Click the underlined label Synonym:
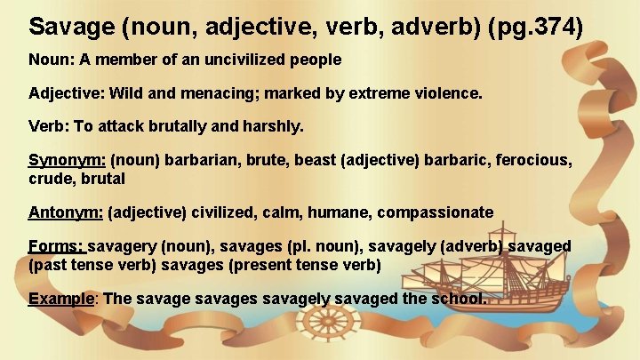click(x=68, y=160)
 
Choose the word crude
click(x=51, y=178)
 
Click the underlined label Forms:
click(x=56, y=245)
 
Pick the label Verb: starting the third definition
click(x=48, y=126)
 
